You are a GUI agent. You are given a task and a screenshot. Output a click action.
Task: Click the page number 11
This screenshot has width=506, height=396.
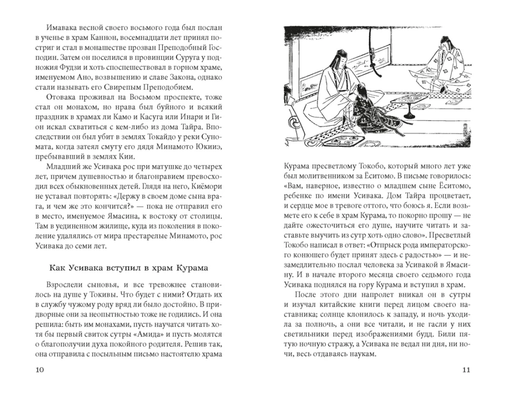pos(466,370)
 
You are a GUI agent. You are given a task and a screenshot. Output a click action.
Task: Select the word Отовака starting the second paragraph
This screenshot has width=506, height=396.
pos(61,96)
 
